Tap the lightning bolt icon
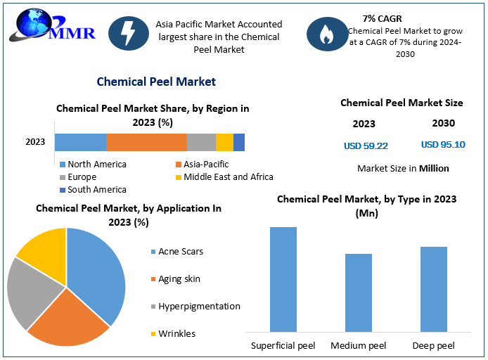(x=129, y=33)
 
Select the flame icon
(x=327, y=34)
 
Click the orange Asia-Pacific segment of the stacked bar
(x=146, y=143)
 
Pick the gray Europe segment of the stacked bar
(x=201, y=143)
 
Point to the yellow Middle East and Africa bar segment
(x=225, y=143)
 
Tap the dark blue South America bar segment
(x=239, y=143)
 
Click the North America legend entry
(x=93, y=165)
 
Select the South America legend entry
(x=93, y=189)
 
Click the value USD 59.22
(x=366, y=146)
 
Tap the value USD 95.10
(x=443, y=144)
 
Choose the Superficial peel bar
(x=283, y=279)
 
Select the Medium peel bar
(x=359, y=292)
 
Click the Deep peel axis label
(x=434, y=345)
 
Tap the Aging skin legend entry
(x=176, y=279)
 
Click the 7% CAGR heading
(x=383, y=19)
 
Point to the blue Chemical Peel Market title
(x=156, y=82)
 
